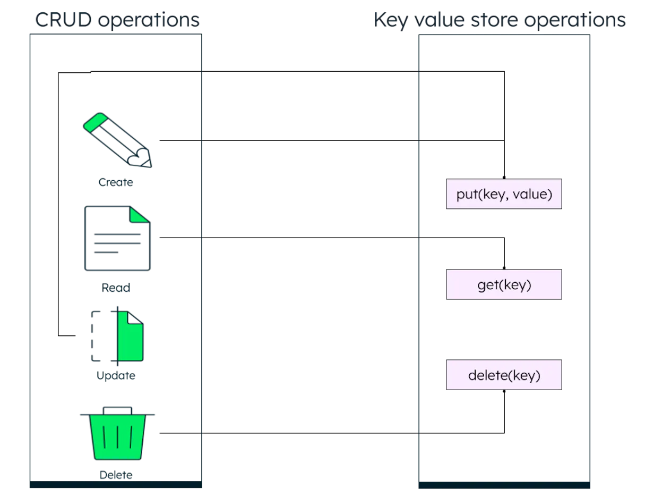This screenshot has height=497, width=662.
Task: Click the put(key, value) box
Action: click(x=504, y=194)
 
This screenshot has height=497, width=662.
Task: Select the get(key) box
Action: click(x=504, y=284)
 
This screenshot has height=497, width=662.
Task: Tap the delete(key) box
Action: click(x=504, y=375)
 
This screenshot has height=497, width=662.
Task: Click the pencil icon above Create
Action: click(x=117, y=140)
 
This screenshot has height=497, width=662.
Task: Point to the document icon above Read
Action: click(x=117, y=238)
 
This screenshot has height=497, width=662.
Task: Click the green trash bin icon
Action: click(x=117, y=433)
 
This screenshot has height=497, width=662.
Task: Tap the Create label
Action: click(x=116, y=182)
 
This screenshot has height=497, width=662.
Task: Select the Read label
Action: click(x=116, y=288)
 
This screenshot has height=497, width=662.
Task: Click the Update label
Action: click(x=116, y=376)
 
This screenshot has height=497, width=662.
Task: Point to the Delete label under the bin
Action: click(x=116, y=475)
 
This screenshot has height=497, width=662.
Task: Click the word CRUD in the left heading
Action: click(x=63, y=20)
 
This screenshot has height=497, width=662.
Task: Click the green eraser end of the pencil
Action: click(x=96, y=122)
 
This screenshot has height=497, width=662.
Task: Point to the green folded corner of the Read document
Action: click(x=139, y=215)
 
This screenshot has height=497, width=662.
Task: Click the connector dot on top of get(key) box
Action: click(x=504, y=268)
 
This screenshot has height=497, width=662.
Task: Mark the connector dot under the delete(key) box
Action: click(x=504, y=391)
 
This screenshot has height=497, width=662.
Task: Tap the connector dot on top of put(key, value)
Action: click(x=504, y=178)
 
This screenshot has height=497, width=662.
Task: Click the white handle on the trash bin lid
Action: click(x=117, y=410)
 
